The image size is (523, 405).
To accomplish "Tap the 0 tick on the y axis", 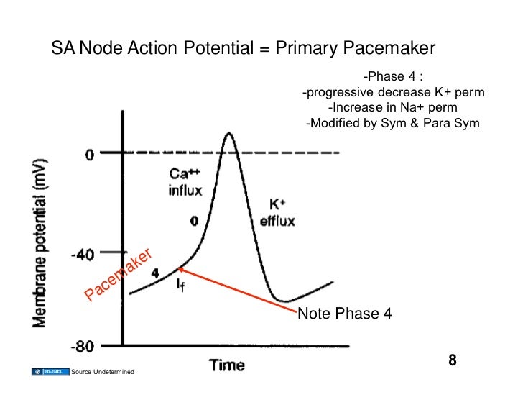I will [x=90, y=154].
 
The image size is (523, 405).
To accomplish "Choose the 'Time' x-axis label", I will [x=226, y=366].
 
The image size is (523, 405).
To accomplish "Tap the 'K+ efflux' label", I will [x=277, y=212].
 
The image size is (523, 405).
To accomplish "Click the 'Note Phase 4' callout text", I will [x=344, y=314].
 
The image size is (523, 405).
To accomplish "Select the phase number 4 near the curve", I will [x=154, y=273].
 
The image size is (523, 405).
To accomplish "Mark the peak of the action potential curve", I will [x=228, y=133].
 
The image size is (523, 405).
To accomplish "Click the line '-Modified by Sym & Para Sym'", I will [x=392, y=122].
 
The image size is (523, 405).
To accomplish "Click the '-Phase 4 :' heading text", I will [x=392, y=77].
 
